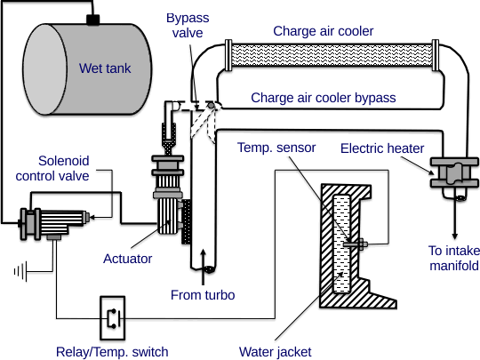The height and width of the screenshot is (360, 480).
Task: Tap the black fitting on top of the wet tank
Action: click(x=92, y=19)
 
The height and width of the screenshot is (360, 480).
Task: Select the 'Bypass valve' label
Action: click(x=187, y=27)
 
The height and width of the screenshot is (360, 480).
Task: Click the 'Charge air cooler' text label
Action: click(x=322, y=31)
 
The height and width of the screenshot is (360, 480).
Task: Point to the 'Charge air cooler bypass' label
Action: click(x=324, y=97)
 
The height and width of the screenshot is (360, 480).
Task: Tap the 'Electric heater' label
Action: click(x=382, y=148)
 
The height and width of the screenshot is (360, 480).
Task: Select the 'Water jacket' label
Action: click(x=276, y=351)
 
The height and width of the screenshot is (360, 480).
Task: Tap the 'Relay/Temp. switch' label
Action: click(x=112, y=351)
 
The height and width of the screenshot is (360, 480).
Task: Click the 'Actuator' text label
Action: click(x=126, y=259)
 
